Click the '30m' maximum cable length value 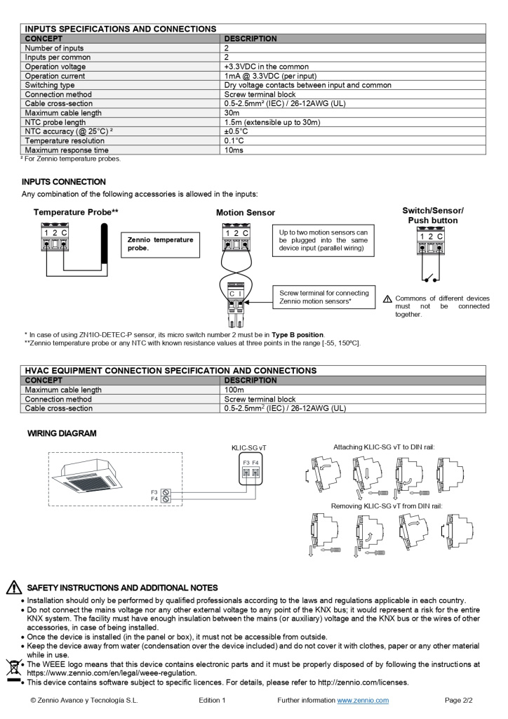pyautogui.click(x=232, y=113)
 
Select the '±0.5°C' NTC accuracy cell pyautogui.click(x=236, y=131)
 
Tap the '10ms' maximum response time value pyautogui.click(x=234, y=150)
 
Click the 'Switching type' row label pyautogui.click(x=50, y=85)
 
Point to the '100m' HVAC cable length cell pyautogui.click(x=234, y=390)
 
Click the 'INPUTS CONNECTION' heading pyautogui.click(x=64, y=182)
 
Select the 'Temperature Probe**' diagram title pyautogui.click(x=76, y=212)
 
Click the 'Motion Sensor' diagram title pyautogui.click(x=246, y=213)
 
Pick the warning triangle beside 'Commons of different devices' pyautogui.click(x=388, y=299)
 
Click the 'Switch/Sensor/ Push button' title pyautogui.click(x=432, y=216)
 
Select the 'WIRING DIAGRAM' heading pyautogui.click(x=62, y=433)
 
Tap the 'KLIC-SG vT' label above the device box pyautogui.click(x=249, y=447)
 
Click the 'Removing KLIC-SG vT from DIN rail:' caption pyautogui.click(x=386, y=506)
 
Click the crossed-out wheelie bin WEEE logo pyautogui.click(x=13, y=668)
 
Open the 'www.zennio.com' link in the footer pyautogui.click(x=363, y=700)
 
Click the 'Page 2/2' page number pyautogui.click(x=459, y=700)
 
